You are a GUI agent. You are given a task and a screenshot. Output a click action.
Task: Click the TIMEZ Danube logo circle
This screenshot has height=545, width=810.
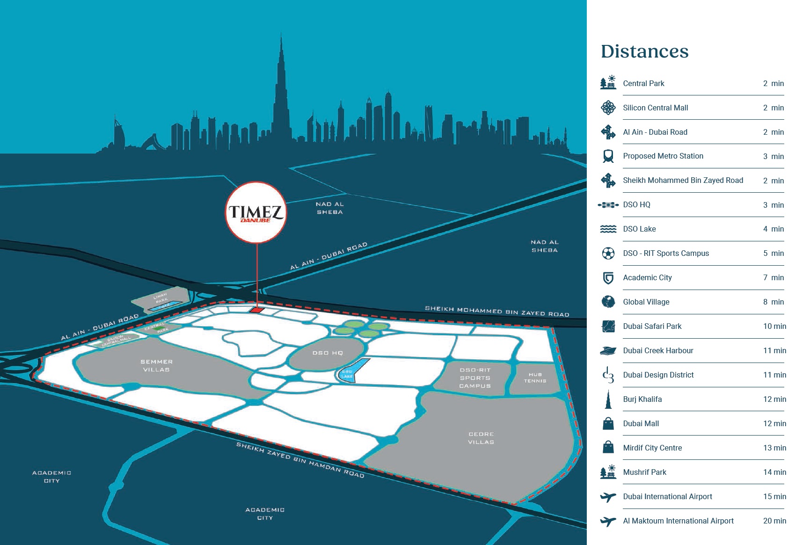[x=256, y=212]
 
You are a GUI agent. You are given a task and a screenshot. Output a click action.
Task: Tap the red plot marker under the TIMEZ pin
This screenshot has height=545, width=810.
[x=256, y=310]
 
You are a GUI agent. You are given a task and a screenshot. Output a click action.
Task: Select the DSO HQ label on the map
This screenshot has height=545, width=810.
[x=328, y=353]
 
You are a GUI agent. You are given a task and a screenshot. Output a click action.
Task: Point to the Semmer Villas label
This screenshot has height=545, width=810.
[x=156, y=365]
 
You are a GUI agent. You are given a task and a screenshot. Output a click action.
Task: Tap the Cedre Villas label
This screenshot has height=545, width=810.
[x=481, y=438]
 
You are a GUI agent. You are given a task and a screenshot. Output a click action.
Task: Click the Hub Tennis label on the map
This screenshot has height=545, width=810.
[x=535, y=378]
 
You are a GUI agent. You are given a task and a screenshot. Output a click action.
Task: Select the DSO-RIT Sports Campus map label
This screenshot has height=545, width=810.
[x=475, y=378]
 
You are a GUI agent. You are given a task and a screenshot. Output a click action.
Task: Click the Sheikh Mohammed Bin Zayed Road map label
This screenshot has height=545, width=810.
[x=497, y=312]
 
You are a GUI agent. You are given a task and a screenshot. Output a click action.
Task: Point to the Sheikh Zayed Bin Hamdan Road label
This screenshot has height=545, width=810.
[x=300, y=460]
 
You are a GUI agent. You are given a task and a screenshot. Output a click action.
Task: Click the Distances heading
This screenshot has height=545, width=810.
[x=644, y=51]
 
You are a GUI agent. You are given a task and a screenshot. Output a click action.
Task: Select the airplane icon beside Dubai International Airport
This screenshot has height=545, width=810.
[x=608, y=497]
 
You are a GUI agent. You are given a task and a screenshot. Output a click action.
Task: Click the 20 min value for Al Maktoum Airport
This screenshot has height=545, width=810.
[x=774, y=521]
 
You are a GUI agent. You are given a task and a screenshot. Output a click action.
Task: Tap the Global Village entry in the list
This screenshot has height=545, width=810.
[x=646, y=302]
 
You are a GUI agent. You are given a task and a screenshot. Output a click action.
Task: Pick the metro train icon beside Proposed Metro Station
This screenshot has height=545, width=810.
[x=608, y=156]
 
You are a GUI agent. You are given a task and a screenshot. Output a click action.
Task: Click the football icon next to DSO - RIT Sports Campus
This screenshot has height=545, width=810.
[x=608, y=254]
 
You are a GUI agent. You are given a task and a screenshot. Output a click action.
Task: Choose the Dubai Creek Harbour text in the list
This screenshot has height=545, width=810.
[x=658, y=350]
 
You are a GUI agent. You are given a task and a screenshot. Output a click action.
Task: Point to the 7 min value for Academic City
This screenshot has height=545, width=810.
[x=773, y=277]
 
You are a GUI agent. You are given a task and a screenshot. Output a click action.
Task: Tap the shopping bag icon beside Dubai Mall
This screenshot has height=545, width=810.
[x=608, y=424]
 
